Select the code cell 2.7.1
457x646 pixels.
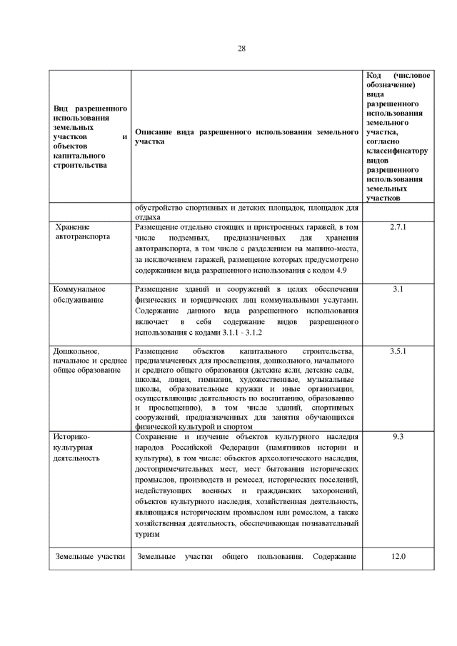coord(398,227)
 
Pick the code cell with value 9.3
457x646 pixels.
coord(398,435)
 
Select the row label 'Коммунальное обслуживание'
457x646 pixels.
coord(79,294)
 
